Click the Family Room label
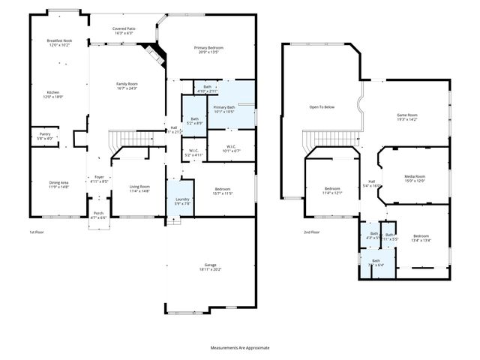point(126,85)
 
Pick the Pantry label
point(45,136)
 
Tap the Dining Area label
point(58,184)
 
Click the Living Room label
point(139,188)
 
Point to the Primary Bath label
point(224,109)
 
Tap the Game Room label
point(406,117)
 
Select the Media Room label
point(415,179)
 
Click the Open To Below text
point(322,107)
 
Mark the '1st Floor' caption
point(36,232)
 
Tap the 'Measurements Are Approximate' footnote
point(239,348)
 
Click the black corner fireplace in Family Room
point(155,55)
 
